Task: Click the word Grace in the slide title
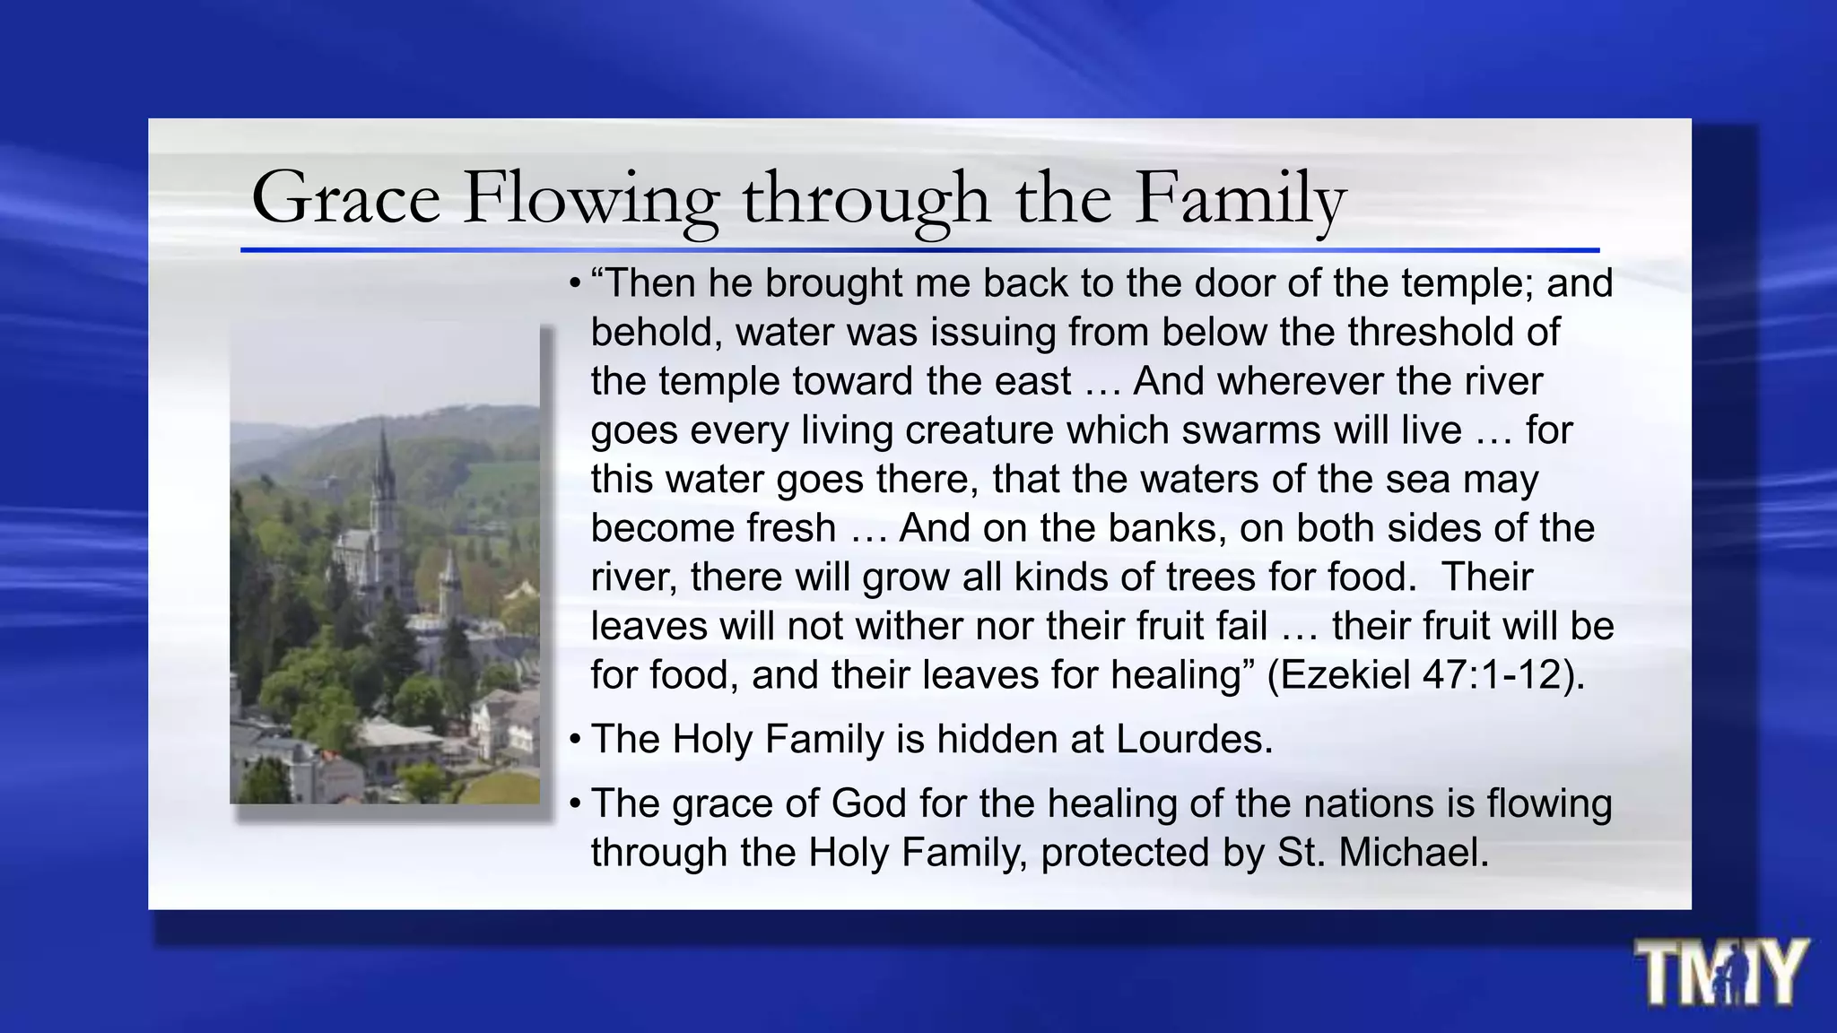[345, 198]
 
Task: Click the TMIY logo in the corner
[1719, 973]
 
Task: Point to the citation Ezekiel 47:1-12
[1424, 675]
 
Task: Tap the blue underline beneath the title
[919, 250]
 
